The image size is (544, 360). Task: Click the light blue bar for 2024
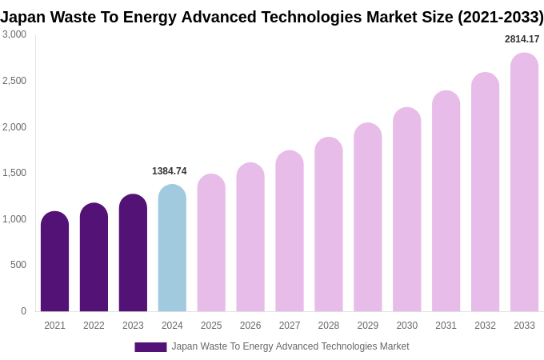click(172, 248)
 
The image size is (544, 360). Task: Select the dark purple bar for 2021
click(54, 262)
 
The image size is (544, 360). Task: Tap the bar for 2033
click(524, 182)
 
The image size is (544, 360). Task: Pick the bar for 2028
click(329, 224)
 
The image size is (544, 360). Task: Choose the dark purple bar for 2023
click(133, 253)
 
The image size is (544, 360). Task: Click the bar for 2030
click(406, 210)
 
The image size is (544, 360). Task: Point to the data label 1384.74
click(170, 171)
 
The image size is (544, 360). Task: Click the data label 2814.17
click(522, 39)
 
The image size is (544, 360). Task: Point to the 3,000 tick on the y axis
click(14, 34)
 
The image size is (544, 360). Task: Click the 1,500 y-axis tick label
click(14, 173)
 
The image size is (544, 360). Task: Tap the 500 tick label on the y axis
click(18, 265)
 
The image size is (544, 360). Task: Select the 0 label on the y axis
click(23, 311)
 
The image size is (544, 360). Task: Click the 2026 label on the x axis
click(250, 326)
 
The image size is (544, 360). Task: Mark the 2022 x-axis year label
click(94, 326)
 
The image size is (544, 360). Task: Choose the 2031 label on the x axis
click(446, 326)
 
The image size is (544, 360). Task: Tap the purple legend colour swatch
click(150, 347)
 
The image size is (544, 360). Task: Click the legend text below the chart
click(290, 346)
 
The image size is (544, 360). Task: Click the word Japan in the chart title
click(24, 17)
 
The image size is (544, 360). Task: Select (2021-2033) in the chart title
click(500, 17)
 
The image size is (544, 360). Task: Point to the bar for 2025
click(211, 242)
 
